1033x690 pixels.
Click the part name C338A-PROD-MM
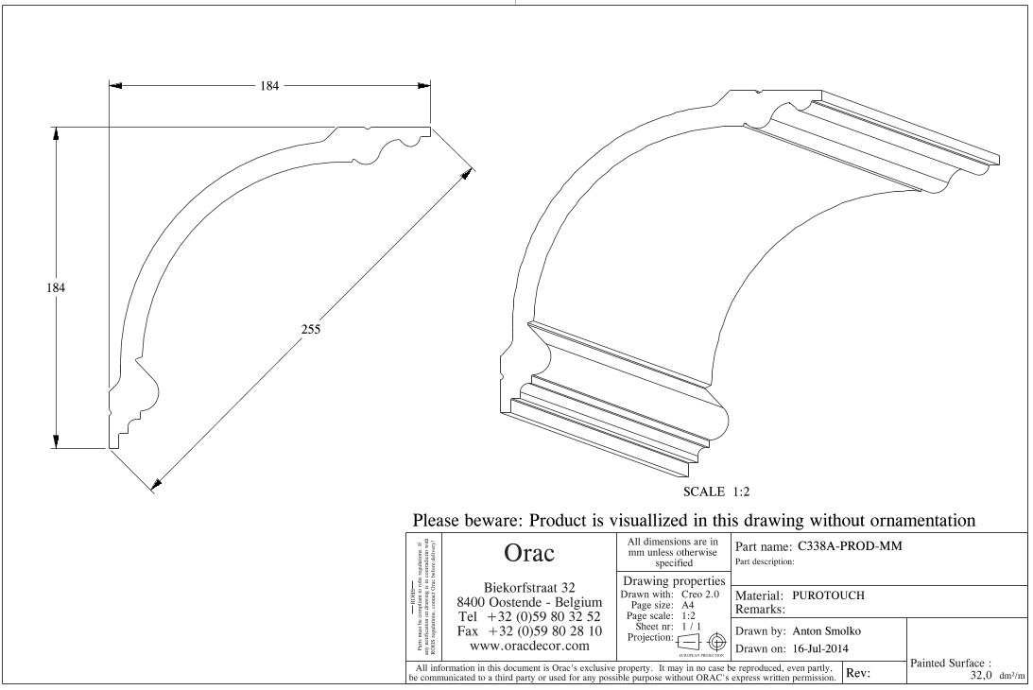point(858,544)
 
